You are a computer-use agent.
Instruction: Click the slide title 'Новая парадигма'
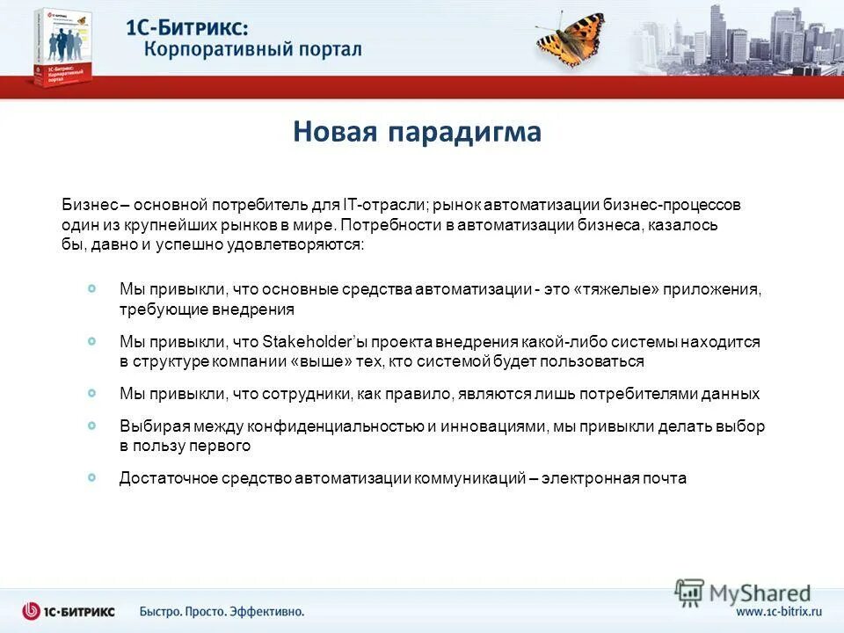pyautogui.click(x=417, y=133)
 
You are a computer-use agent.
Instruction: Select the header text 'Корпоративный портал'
pyautogui.click(x=252, y=48)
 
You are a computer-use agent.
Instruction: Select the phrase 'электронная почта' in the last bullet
pyautogui.click(x=614, y=478)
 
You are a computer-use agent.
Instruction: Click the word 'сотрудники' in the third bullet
pyautogui.click(x=308, y=394)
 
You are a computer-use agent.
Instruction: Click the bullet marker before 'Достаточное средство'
pyautogui.click(x=93, y=477)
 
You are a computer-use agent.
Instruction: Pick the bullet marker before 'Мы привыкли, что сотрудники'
pyautogui.click(x=93, y=393)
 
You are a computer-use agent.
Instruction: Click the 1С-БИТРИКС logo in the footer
pyautogui.click(x=69, y=611)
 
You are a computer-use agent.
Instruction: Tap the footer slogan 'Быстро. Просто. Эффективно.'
pyautogui.click(x=222, y=611)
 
